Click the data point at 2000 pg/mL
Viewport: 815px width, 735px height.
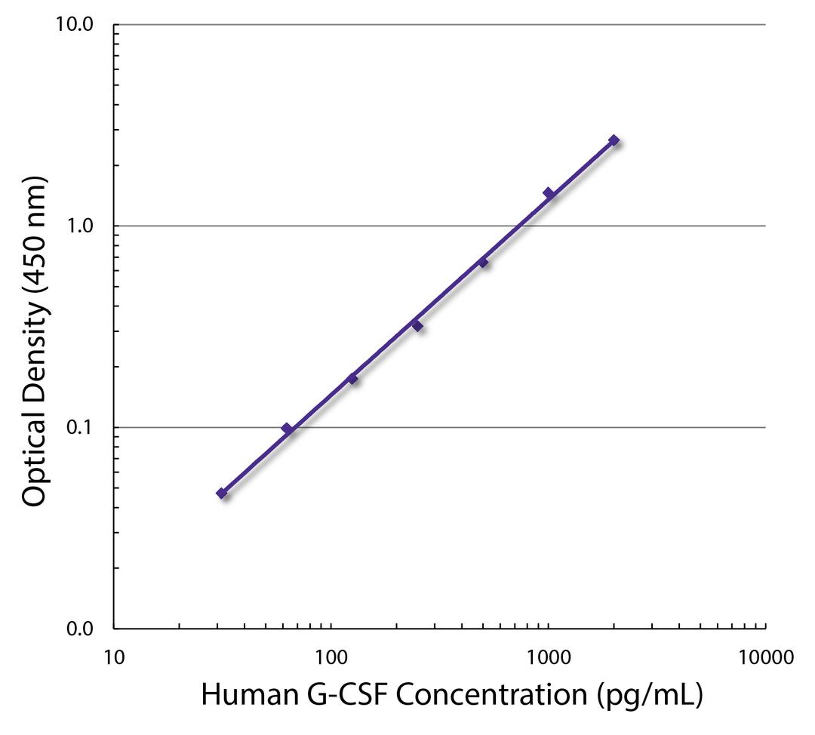pos(614,140)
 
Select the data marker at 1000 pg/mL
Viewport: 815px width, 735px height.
pos(549,193)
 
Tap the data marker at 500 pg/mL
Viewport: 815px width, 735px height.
pos(483,263)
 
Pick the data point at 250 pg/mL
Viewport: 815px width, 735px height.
pos(417,325)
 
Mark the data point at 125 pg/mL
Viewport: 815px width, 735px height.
pos(352,378)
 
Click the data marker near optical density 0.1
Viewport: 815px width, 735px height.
pos(287,429)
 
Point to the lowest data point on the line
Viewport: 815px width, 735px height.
pos(221,494)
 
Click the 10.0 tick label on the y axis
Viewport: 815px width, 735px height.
pos(73,25)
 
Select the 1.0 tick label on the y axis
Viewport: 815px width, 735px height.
pos(78,226)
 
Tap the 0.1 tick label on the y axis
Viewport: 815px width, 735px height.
pos(78,428)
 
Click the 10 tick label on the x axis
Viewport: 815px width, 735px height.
pos(114,656)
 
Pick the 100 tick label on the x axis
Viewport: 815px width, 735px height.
pos(331,656)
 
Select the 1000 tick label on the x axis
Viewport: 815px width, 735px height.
pos(548,656)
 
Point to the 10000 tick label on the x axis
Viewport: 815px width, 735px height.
pos(765,656)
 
